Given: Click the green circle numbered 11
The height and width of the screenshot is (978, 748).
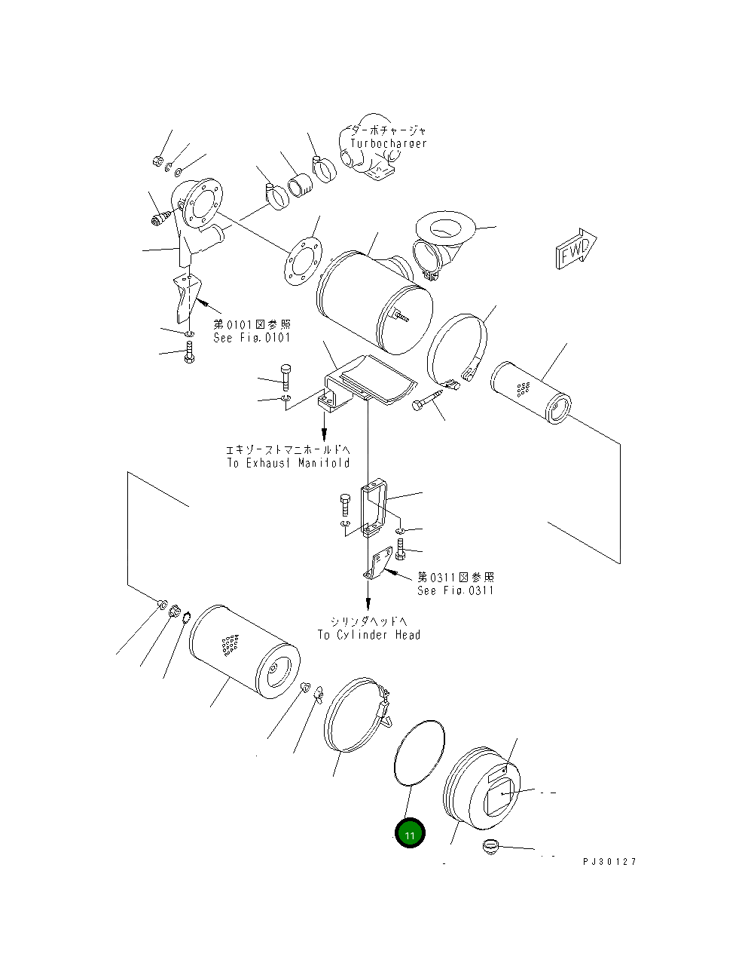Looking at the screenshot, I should point(410,833).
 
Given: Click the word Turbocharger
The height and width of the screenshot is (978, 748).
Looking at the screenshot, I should point(388,143).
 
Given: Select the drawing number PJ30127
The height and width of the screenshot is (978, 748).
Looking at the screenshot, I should point(609,861).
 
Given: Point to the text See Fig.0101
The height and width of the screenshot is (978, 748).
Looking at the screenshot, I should point(252,338).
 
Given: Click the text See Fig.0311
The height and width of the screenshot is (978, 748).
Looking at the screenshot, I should point(456,590).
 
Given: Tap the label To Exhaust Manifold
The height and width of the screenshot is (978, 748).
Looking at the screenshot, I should point(289,462).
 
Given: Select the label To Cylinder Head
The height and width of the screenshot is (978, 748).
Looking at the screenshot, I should point(368,634).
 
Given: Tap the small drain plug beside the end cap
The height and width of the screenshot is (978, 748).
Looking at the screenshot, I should point(491,845).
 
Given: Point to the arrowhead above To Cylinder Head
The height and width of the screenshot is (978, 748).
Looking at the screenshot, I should point(368,604).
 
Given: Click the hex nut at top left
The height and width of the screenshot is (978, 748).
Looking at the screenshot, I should point(157,160).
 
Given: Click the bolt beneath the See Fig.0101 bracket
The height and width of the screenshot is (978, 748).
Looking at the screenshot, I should point(188,352).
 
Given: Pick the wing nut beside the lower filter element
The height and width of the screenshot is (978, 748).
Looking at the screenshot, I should point(319,693).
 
